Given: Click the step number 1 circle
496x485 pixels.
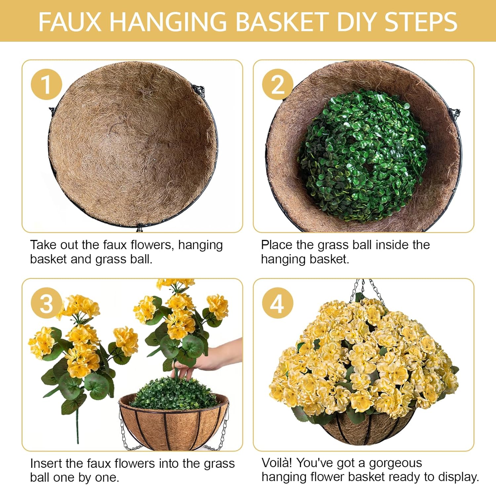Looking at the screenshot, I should (x=46, y=85).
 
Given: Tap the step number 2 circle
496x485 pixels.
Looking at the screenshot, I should (x=277, y=85).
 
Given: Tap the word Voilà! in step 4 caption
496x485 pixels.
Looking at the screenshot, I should (x=276, y=463).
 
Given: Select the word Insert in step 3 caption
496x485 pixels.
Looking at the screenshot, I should (x=47, y=463).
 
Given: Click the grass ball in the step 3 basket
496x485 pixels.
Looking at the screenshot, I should (x=174, y=394).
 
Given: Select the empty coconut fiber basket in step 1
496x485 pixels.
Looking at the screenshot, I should (x=132, y=146).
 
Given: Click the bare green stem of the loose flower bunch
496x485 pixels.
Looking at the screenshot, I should (x=77, y=427).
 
